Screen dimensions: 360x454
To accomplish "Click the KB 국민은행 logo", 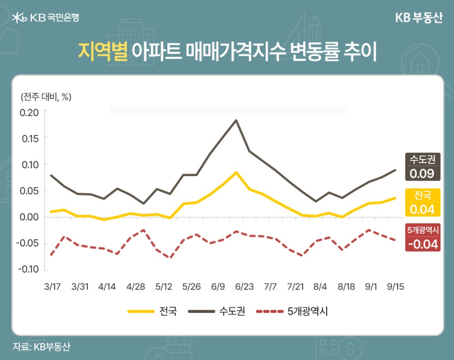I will point(46,18).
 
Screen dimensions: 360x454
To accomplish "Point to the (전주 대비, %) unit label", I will point(46,97).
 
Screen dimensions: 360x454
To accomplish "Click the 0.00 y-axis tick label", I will point(29,217).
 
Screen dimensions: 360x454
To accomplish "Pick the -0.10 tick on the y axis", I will point(28,270).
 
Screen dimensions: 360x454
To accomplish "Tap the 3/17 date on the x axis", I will point(51,286).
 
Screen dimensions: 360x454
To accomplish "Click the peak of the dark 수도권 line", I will point(236,120).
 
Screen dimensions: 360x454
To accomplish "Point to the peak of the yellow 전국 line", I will point(236,172).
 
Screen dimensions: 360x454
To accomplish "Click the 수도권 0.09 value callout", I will point(422,167).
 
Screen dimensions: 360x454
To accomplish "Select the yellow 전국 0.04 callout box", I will point(422,203).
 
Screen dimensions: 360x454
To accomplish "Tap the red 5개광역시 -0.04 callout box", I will point(422,238).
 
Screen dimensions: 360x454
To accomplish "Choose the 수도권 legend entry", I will point(216,311).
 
